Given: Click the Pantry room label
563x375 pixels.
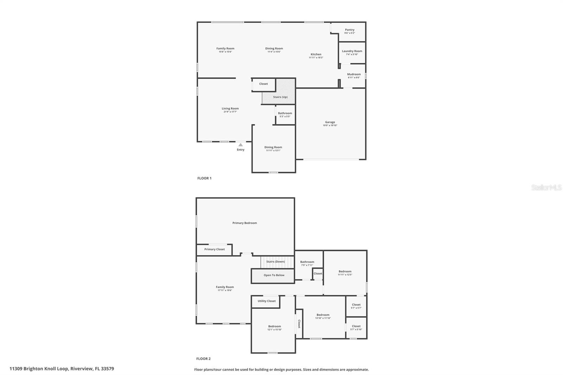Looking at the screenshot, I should pos(349,30).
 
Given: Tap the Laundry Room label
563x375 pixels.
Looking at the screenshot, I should pos(352,51).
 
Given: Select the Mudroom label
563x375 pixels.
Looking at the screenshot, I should pos(354,74).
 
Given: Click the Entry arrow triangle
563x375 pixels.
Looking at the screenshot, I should pos(240,145).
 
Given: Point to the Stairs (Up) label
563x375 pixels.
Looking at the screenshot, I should pos(280,97).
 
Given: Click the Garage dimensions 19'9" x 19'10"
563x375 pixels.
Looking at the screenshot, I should pos(330,126).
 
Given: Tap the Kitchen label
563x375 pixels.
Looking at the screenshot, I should pos(316,54).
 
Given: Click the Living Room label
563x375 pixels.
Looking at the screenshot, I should pos(230,108).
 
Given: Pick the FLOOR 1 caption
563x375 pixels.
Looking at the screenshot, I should pos(204,178).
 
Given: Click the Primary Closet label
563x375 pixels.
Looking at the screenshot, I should pos(214,249).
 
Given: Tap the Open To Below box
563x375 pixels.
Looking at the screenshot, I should pos(273,275).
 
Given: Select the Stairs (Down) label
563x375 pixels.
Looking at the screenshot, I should pos(276,262).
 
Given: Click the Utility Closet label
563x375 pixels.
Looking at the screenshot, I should pos(266,301).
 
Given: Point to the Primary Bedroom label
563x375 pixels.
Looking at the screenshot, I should pos(245,223).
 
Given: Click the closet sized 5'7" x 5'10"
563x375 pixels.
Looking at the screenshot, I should pos(356,328).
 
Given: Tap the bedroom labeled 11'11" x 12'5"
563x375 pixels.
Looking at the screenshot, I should pos(345,273).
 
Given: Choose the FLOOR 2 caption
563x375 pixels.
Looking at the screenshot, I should pos(203,359).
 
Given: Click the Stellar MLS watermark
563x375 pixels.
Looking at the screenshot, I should pos(546,187).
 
